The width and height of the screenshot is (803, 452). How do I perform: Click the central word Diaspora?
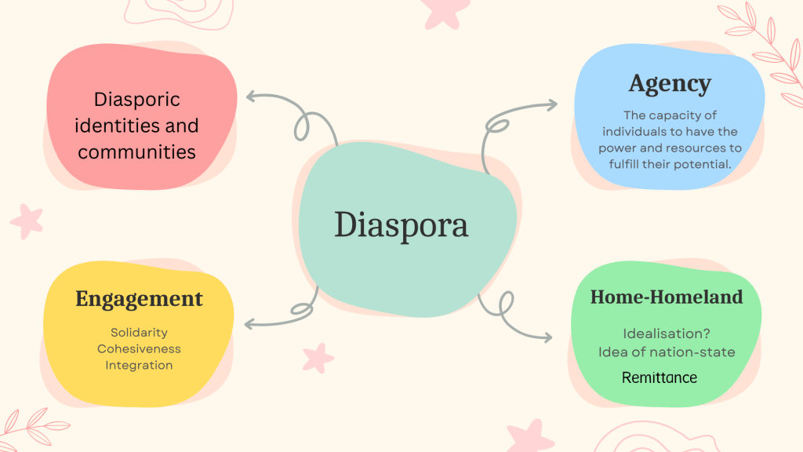tap(401, 225)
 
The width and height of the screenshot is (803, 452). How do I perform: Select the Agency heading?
tap(669, 83)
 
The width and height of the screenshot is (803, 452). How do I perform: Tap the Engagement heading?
tap(139, 299)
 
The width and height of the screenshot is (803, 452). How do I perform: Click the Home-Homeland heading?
tap(666, 297)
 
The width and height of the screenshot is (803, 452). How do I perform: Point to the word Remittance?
tap(659, 377)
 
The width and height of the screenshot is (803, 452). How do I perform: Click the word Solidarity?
tap(139, 333)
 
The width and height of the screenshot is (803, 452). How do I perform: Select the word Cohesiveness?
tap(139, 348)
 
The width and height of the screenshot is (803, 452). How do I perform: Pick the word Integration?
tap(139, 365)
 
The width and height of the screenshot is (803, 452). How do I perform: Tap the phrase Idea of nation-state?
tap(667, 352)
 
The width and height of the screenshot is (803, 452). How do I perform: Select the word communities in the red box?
tap(136, 151)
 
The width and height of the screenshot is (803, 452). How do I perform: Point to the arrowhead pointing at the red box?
tap(249, 97)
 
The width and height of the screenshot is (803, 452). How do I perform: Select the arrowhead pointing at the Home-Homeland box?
tap(549, 337)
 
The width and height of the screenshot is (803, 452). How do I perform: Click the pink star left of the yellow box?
tap(27, 221)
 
